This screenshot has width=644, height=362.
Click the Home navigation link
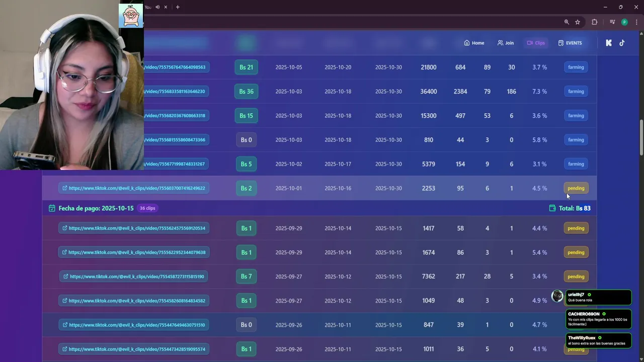474,43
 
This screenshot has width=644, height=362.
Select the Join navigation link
506,43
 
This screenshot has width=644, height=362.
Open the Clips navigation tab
536,43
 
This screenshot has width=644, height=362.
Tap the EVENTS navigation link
570,43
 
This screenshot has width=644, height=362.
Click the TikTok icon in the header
622,43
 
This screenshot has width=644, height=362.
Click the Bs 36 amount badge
246,92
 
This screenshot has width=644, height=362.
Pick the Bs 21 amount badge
246,67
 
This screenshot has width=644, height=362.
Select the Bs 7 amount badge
246,277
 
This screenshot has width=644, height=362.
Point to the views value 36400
429,92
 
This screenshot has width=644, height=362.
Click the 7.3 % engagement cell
539,92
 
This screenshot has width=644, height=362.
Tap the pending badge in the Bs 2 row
576,188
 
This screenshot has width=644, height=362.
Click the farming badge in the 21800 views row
576,67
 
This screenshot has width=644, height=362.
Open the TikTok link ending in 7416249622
136,188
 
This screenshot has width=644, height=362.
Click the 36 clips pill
147,208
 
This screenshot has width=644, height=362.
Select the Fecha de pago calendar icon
52,208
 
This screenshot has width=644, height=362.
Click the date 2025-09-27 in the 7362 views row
289,277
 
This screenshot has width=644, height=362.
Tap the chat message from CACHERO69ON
598,319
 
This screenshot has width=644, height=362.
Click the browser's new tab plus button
178,7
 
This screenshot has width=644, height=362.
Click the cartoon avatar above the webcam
131,16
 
